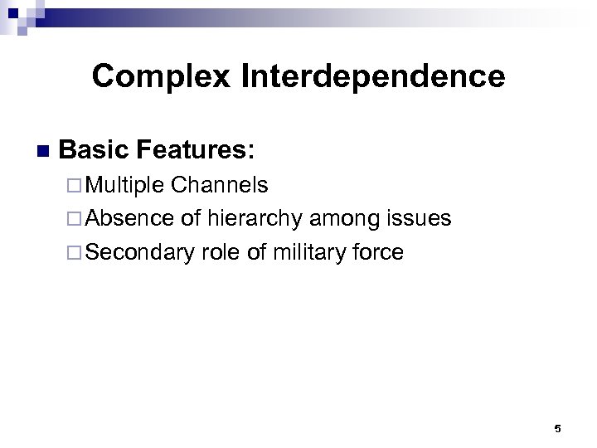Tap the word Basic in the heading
point(95,151)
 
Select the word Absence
point(129,219)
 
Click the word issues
point(420,219)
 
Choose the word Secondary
point(138,251)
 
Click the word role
point(218,251)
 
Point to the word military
point(307,251)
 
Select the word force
point(378,251)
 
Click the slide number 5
point(557,429)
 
